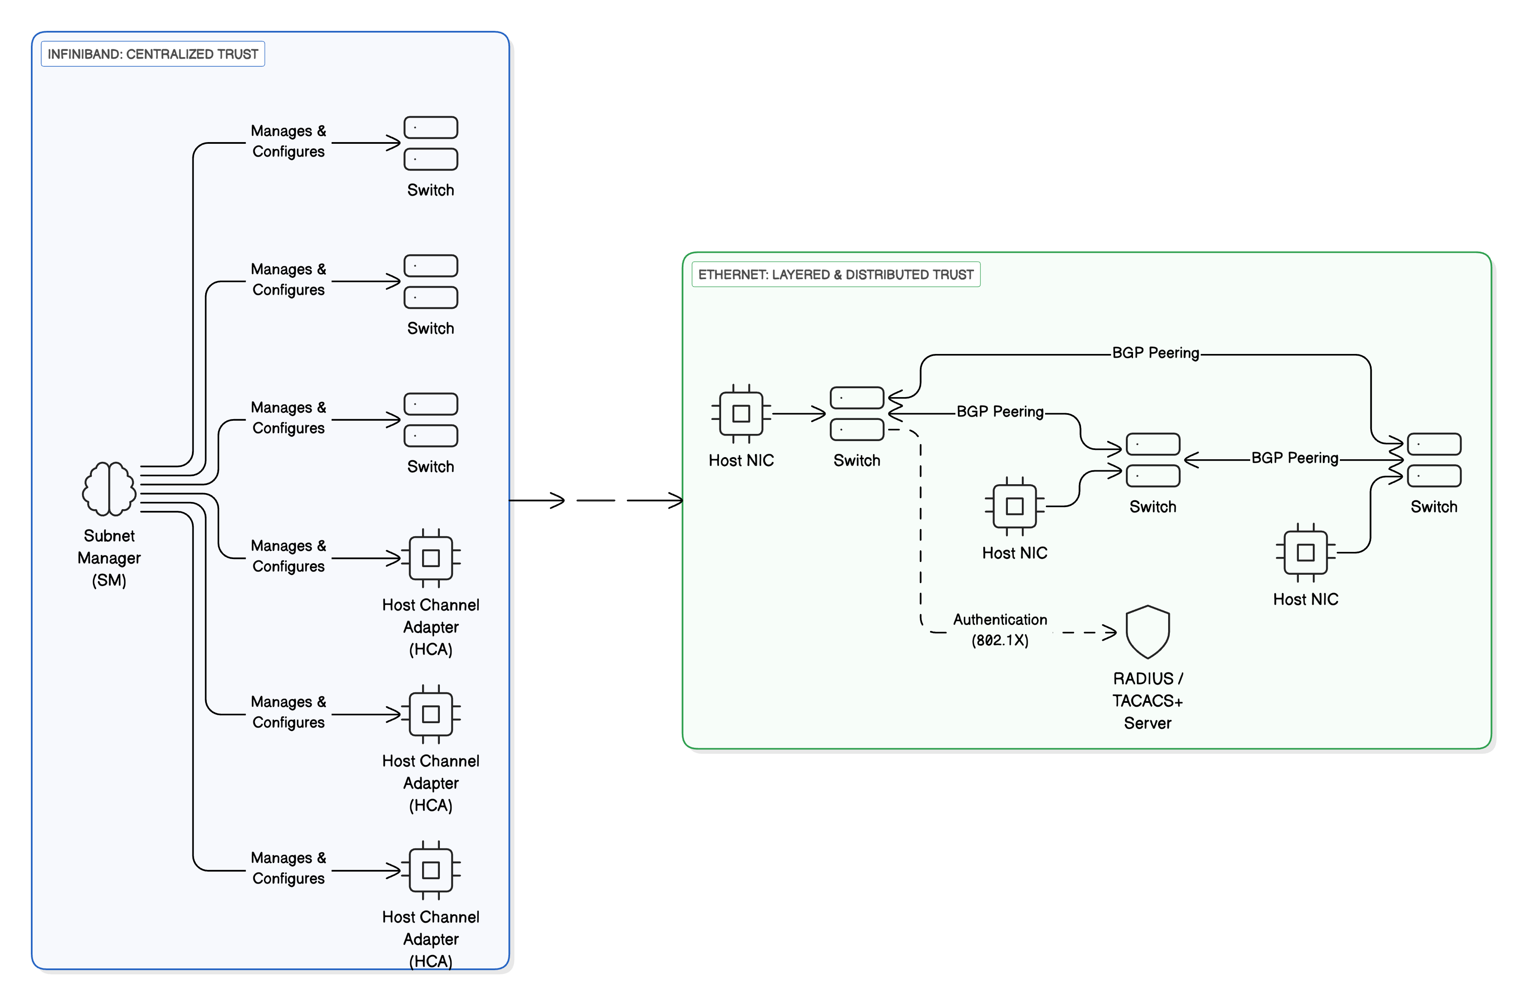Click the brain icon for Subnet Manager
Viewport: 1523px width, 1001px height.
coord(109,488)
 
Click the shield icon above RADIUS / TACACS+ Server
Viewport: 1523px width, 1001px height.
coord(1147,632)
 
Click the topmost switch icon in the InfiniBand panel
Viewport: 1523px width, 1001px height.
coord(431,143)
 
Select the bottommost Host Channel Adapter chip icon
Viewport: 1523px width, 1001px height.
coord(431,870)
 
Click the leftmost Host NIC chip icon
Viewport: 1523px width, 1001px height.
coord(741,414)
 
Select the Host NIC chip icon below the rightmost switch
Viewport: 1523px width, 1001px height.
coord(1306,552)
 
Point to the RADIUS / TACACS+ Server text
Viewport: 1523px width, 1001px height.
coord(1147,700)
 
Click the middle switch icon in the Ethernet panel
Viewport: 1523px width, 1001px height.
coord(1153,460)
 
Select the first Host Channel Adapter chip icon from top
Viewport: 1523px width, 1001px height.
coord(431,558)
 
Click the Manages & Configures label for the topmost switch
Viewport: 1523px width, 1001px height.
coord(288,141)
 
